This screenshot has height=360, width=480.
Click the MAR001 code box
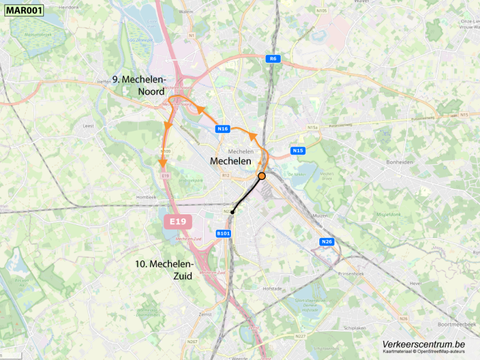click(x=22, y=10)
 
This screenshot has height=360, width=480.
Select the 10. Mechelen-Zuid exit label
click(x=164, y=270)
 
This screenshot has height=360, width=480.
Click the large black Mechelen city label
click(x=230, y=162)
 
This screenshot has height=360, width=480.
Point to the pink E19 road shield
click(x=178, y=222)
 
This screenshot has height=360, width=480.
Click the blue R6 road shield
click(x=273, y=58)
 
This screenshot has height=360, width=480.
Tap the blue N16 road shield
click(x=223, y=129)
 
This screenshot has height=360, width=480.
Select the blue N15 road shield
click(x=298, y=150)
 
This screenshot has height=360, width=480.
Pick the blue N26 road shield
click(x=326, y=242)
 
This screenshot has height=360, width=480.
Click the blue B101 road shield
click(x=223, y=233)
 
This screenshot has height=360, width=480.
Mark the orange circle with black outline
click(x=262, y=176)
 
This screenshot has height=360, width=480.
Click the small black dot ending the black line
click(x=232, y=212)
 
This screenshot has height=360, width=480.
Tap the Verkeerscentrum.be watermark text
click(x=424, y=344)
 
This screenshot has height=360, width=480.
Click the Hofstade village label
click(x=272, y=289)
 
